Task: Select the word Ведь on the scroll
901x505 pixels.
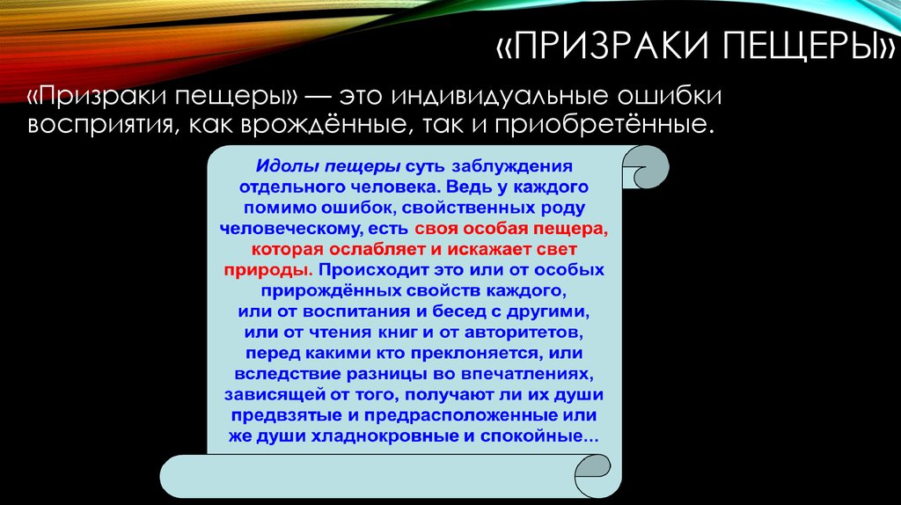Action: [x=466, y=187]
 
